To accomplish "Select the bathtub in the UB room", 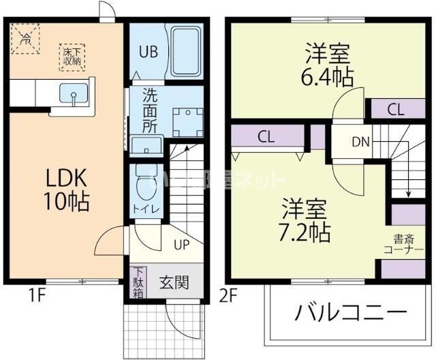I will coord(187,52).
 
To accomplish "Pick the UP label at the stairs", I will coord(181,243).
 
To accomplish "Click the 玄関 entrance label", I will coord(174,282).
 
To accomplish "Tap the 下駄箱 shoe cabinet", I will coord(138,282).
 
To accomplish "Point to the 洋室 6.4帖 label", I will coord(328,65).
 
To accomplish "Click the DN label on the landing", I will coord(361,142).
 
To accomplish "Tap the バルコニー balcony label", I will coord(347,314).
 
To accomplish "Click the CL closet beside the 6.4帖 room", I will coord(395,109).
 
